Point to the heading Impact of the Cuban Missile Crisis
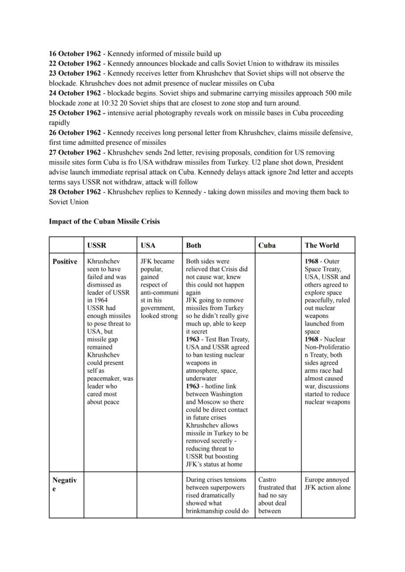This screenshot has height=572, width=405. [x=104, y=221]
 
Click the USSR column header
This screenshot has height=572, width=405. [x=96, y=245]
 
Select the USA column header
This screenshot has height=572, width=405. [x=148, y=245]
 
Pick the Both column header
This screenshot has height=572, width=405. [x=193, y=245]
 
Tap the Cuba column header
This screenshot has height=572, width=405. [x=267, y=245]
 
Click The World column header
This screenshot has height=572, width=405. [x=321, y=245]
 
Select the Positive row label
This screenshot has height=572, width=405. [x=65, y=261]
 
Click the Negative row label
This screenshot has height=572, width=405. [x=65, y=484]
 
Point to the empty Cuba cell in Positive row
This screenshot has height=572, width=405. [x=277, y=362]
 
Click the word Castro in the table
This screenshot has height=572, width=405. [x=268, y=480]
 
